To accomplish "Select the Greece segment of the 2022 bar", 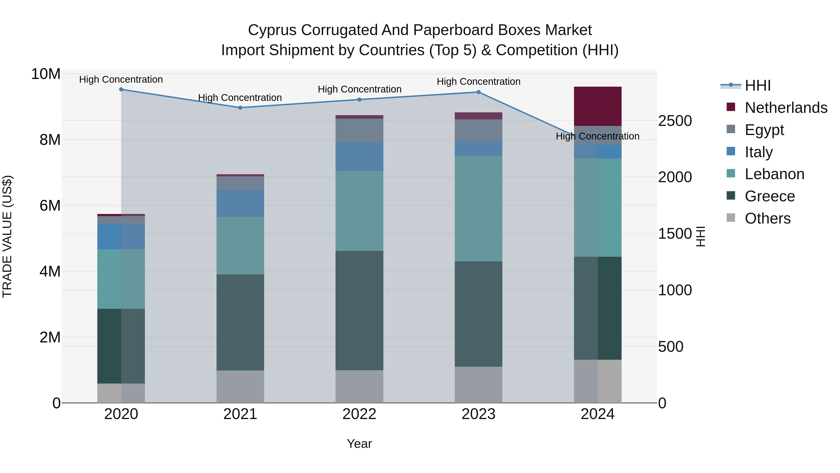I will coord(359,310).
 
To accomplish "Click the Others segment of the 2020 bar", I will coord(121,393).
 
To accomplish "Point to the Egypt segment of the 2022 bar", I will coord(359,130).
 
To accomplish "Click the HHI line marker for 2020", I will coord(121,89).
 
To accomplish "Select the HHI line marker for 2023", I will coord(478,92).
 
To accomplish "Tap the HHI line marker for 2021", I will coord(240,108).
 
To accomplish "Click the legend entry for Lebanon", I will coord(774,174).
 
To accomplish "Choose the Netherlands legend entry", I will coord(786,108).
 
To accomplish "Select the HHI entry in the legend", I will coord(757,85).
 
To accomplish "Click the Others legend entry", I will coord(767,218).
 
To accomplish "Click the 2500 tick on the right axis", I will coord(675,121).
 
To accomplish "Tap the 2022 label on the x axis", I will coord(359,414).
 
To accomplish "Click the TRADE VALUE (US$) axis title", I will coord(7,236).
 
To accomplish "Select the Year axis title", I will coord(359,444).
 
